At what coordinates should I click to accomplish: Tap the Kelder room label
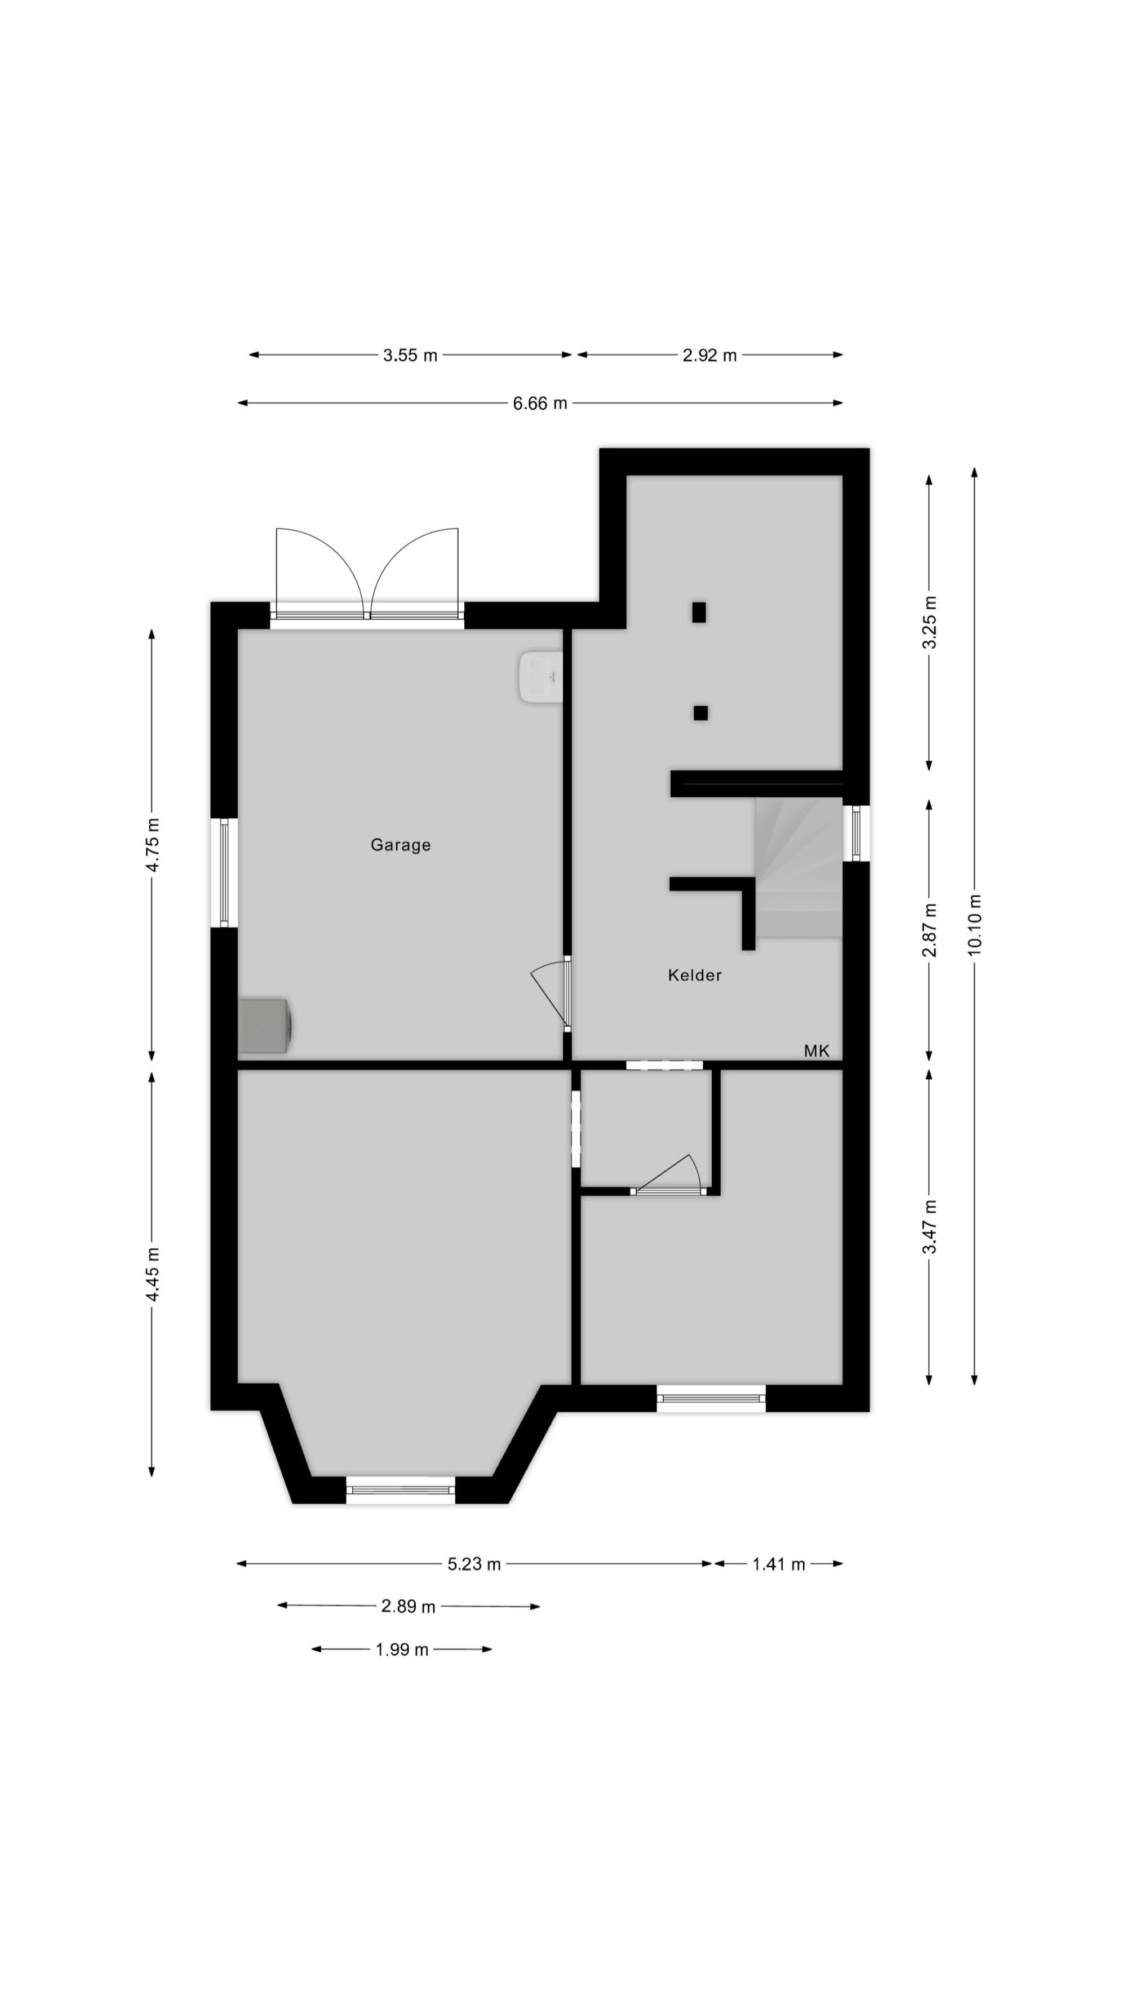pyautogui.click(x=695, y=975)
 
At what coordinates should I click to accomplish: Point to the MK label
pyautogui.click(x=817, y=1051)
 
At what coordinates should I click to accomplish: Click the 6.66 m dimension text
pyautogui.click(x=540, y=404)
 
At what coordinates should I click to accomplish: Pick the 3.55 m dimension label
pyautogui.click(x=410, y=356)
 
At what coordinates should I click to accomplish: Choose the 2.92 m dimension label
pyautogui.click(x=709, y=356)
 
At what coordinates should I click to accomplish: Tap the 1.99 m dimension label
pyautogui.click(x=402, y=1650)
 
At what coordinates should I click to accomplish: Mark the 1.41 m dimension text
pyautogui.click(x=779, y=1564)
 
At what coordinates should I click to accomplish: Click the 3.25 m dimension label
pyautogui.click(x=929, y=622)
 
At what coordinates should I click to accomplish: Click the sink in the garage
pyautogui.click(x=540, y=677)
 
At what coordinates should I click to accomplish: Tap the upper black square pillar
pyautogui.click(x=698, y=612)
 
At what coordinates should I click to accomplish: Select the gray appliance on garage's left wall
pyautogui.click(x=264, y=1026)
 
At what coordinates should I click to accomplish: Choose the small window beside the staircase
pyautogui.click(x=857, y=832)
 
